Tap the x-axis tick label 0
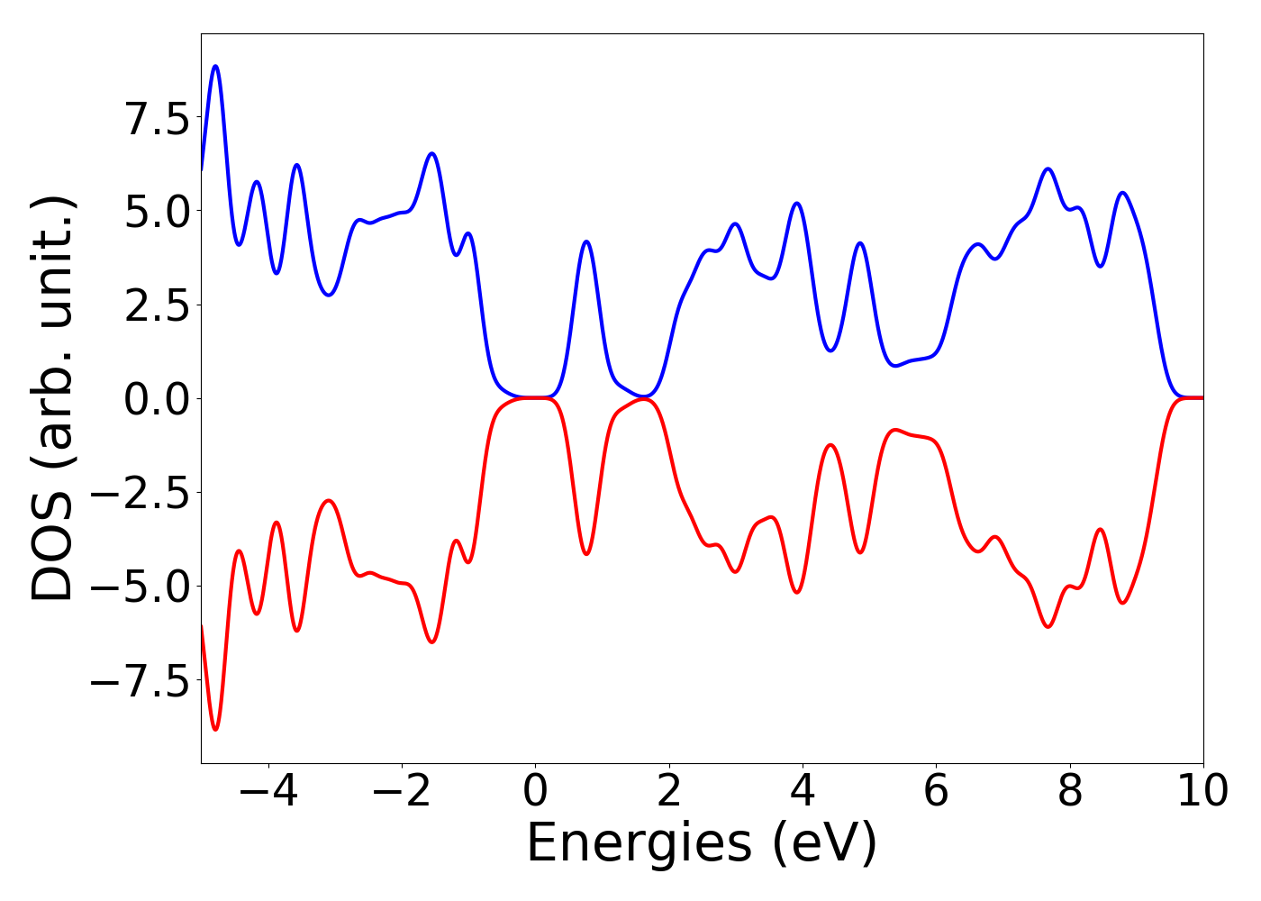point(535,792)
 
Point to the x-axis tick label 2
point(668,792)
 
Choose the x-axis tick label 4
point(802,792)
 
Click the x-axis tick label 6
point(936,792)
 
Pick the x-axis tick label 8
point(1069,792)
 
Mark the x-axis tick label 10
point(1202,792)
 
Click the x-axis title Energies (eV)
point(702,844)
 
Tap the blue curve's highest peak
point(215,66)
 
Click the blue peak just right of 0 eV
point(586,241)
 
